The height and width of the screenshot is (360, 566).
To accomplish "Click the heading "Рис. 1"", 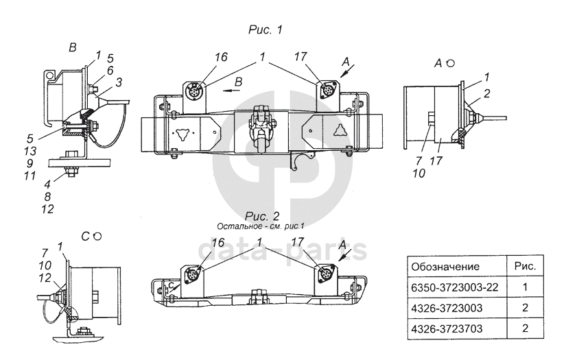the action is (266, 29).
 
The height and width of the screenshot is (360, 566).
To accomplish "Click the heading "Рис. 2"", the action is (262, 216).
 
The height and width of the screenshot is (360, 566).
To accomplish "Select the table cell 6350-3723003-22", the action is (457, 287).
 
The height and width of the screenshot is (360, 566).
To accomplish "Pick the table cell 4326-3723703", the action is (457, 328).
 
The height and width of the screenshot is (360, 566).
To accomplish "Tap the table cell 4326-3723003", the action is (457, 308).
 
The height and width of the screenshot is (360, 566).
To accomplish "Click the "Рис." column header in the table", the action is (526, 267).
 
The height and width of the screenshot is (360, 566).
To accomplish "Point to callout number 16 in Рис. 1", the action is (221, 57).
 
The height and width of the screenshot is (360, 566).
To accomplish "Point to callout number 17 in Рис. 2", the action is (298, 242).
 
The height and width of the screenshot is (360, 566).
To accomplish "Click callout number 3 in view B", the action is (119, 82).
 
